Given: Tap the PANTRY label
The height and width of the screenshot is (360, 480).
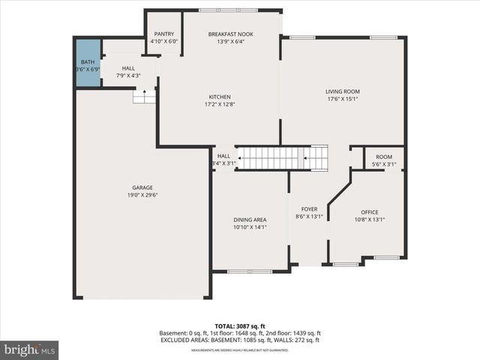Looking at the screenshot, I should tap(164, 34).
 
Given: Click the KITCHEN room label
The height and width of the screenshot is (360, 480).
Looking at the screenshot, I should tap(220, 97).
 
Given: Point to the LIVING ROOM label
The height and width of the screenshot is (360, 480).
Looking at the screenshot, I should tap(342, 91).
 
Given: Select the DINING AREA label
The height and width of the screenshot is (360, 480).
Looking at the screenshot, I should tap(250, 220).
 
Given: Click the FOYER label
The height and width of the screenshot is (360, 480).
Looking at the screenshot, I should tap(309, 209).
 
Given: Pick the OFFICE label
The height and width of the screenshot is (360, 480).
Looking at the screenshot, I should tap(369, 212).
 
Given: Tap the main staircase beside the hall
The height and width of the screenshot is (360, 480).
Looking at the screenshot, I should tap(282, 158).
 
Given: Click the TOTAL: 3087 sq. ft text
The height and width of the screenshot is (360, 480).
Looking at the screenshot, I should tap(239, 326).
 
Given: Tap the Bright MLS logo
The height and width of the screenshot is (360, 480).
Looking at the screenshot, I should tap(30, 349).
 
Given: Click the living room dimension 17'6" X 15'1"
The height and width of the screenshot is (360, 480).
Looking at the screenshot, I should tap(342, 99).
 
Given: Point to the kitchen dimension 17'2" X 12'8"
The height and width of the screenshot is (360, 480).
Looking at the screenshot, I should tap(220, 104).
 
